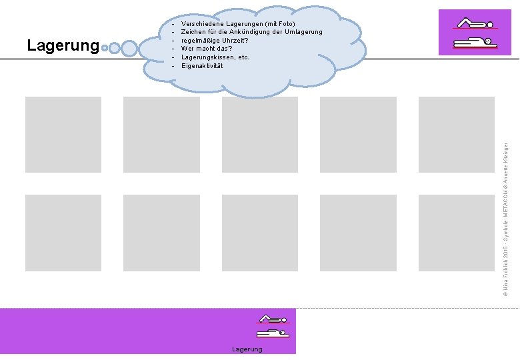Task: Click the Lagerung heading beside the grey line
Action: point(63,46)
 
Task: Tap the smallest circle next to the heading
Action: point(105,48)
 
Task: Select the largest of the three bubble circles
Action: point(129,48)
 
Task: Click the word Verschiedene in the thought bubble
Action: point(203,24)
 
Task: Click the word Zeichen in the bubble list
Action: point(194,32)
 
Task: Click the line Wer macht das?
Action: point(205,49)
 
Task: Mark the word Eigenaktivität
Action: point(202,65)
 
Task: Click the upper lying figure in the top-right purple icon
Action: point(475,23)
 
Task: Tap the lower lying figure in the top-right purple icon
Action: point(475,43)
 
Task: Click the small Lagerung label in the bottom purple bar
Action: point(247,349)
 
